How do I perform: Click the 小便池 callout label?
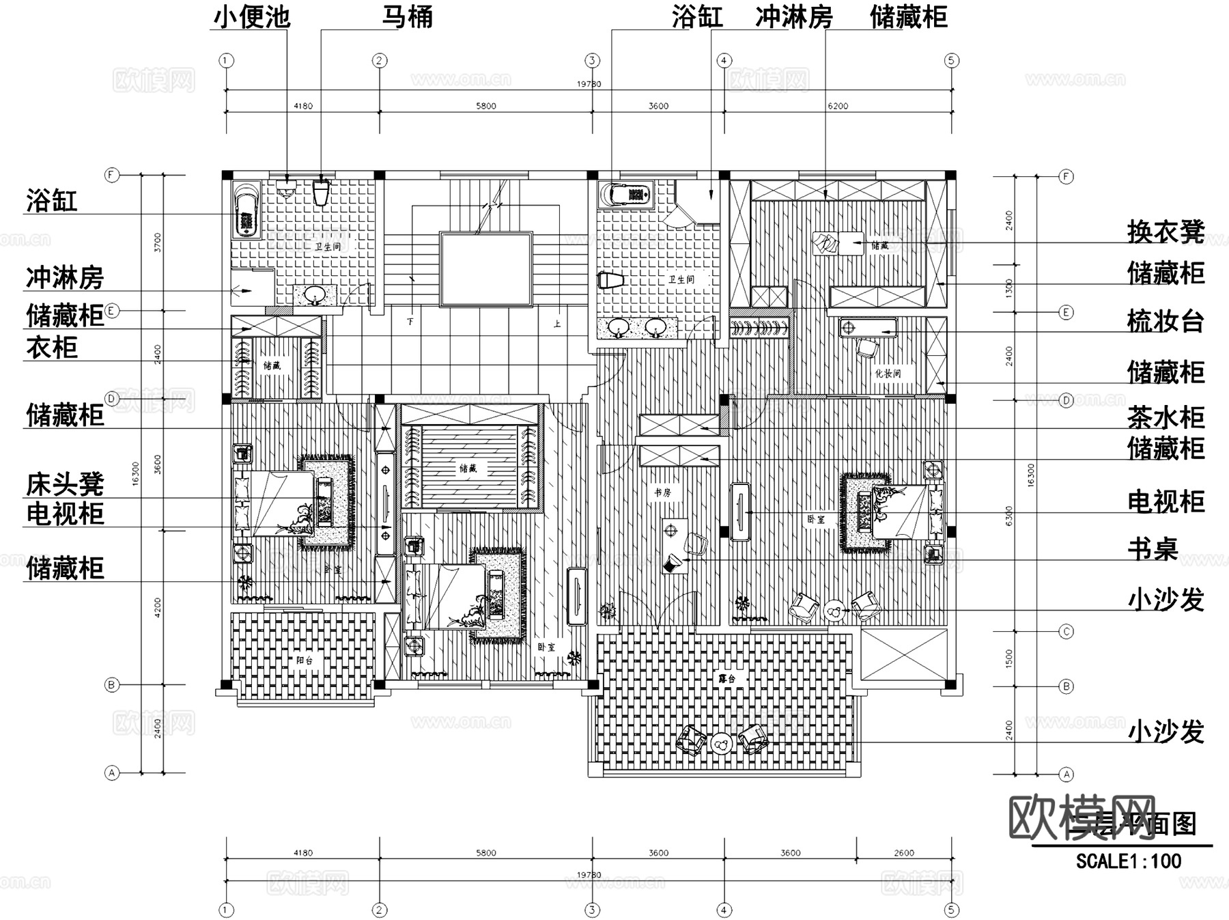[252, 16]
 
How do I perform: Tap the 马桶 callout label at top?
[407, 16]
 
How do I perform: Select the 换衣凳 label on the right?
[1166, 232]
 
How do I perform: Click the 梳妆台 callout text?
[1166, 321]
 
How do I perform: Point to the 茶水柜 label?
[1166, 417]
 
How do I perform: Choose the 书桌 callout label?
[1153, 548]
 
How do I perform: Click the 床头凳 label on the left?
[65, 484]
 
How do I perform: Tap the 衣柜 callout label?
[52, 348]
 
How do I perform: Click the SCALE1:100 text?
[1129, 861]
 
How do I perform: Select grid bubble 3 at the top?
[592, 60]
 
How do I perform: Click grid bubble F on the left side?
[111, 175]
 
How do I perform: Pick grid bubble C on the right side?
[1066, 632]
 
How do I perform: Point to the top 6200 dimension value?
[838, 106]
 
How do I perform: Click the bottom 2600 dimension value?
[904, 852]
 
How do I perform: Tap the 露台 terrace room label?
[726, 679]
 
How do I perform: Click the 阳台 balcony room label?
[305, 660]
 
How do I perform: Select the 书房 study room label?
[662, 492]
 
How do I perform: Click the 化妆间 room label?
[888, 374]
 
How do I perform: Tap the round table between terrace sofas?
[720, 742]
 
